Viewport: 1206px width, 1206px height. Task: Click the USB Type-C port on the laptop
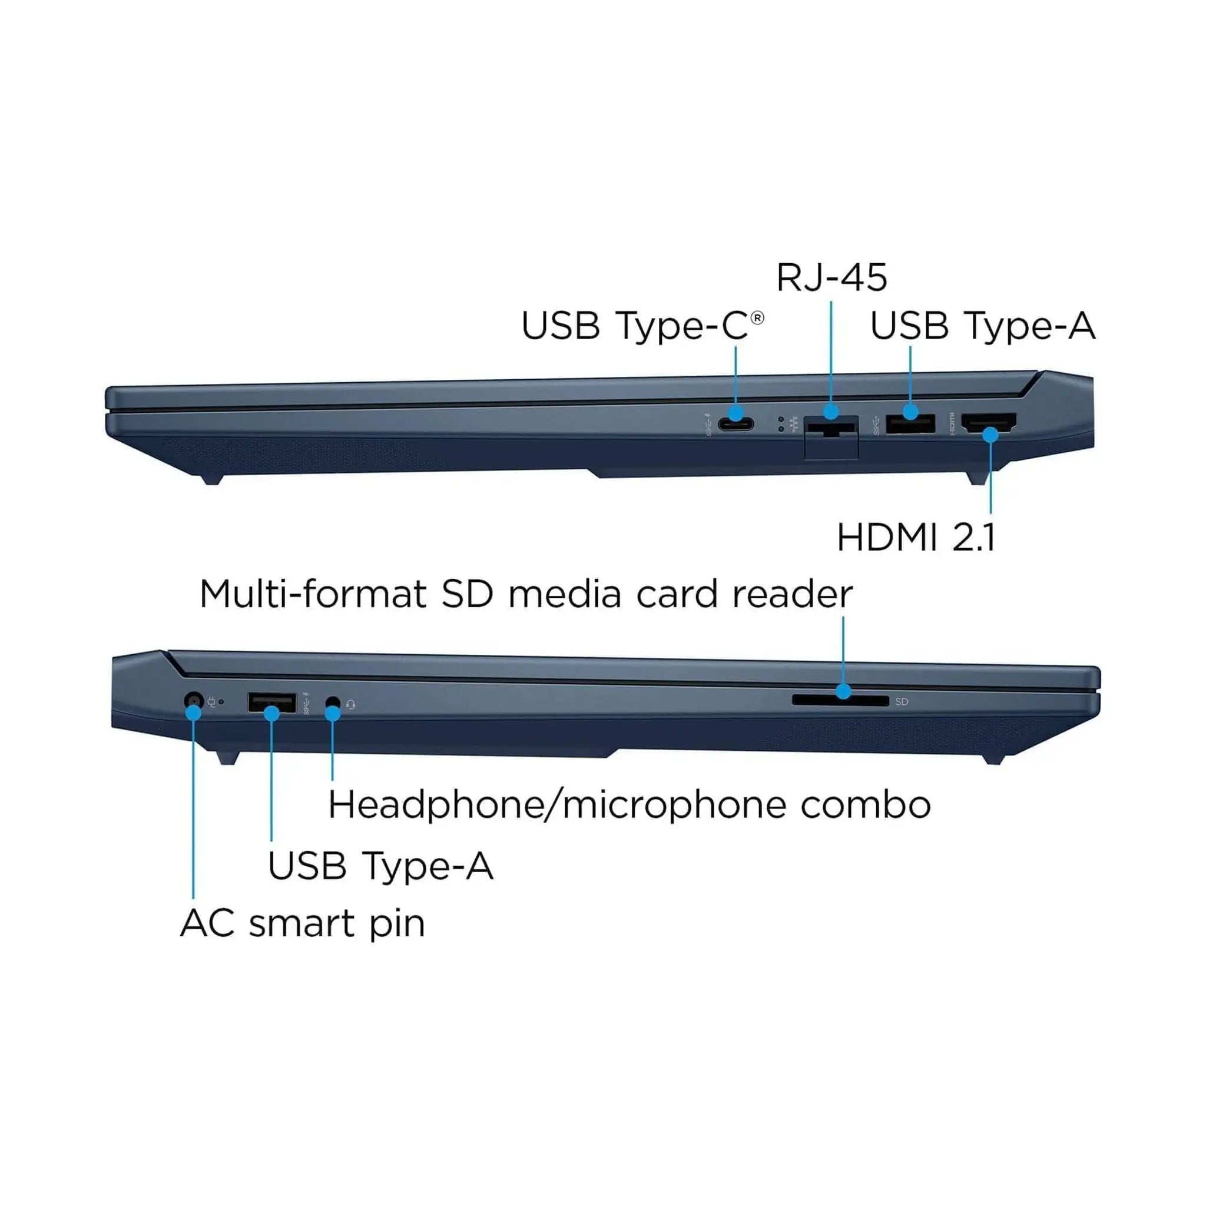[x=735, y=425]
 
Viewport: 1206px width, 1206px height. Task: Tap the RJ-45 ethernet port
[x=831, y=428]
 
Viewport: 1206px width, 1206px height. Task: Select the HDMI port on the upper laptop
[x=989, y=423]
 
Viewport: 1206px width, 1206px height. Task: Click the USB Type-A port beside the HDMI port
[x=910, y=424]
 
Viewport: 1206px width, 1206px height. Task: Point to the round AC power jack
[x=194, y=700]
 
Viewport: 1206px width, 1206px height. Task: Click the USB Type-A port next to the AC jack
[x=271, y=703]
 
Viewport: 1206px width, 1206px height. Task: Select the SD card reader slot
[x=840, y=700]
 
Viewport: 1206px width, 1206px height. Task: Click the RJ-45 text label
[x=831, y=278]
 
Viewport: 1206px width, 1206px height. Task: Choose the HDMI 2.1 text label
[x=916, y=538]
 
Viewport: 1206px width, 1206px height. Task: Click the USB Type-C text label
[x=634, y=326]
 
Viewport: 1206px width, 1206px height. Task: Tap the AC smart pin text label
[x=303, y=924]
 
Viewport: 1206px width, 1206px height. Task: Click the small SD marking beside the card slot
[x=902, y=701]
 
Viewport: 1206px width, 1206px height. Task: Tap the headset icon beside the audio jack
[x=351, y=705]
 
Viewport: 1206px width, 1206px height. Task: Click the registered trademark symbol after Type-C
[x=757, y=319]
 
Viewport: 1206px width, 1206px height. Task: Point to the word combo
[x=866, y=805]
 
